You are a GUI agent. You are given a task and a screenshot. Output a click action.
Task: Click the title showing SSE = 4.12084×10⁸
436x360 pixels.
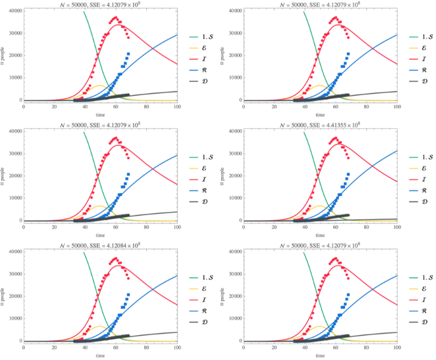[x=100, y=245]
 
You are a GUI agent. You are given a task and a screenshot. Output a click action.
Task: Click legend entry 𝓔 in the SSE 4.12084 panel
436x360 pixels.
[x=195, y=288]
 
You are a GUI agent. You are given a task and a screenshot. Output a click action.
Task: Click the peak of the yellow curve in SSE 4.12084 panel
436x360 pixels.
[x=99, y=326]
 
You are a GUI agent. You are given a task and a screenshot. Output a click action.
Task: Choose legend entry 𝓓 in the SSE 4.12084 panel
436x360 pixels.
[x=195, y=322]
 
